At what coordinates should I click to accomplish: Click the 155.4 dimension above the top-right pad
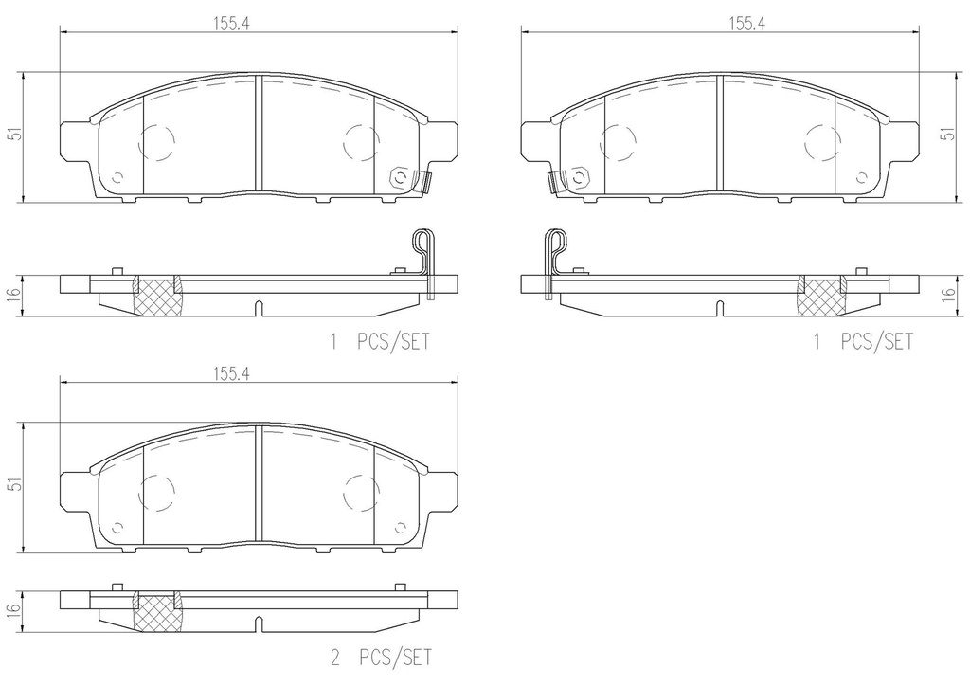[747, 24]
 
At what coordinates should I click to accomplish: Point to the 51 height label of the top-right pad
[947, 134]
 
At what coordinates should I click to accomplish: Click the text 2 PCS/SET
[381, 657]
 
